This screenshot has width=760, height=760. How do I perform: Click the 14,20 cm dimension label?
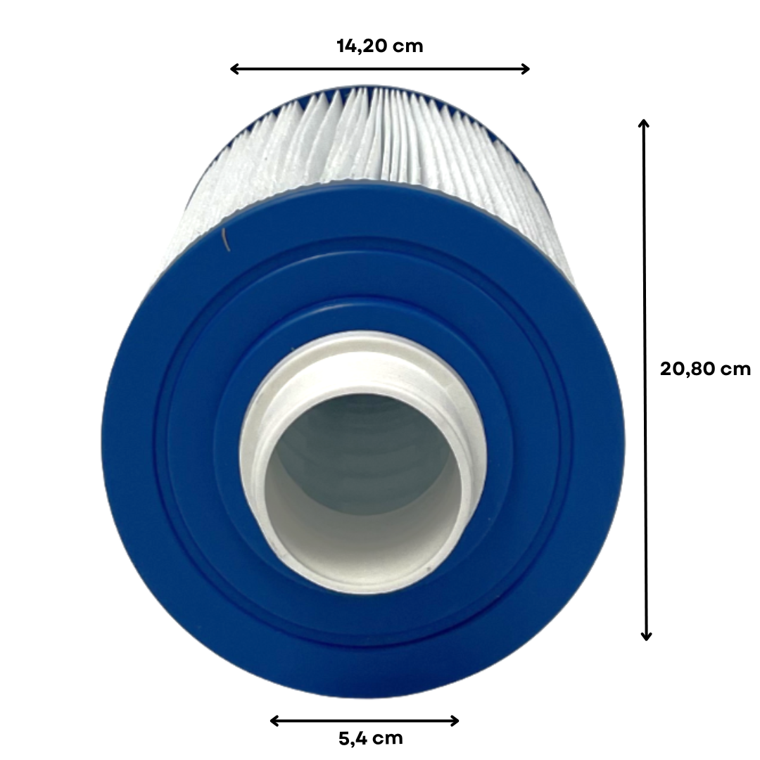379,46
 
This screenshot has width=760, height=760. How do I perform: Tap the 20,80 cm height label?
705,369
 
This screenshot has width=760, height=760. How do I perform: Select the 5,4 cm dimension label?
371,738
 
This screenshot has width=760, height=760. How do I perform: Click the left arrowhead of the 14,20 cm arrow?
235,69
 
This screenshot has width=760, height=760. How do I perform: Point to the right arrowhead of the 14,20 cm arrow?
524,69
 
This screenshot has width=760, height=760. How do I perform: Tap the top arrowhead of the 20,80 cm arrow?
644,124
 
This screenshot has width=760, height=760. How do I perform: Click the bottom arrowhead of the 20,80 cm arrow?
646,635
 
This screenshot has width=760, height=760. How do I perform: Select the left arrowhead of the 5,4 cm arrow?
275,721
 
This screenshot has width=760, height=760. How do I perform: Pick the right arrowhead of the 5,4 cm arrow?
454,721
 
